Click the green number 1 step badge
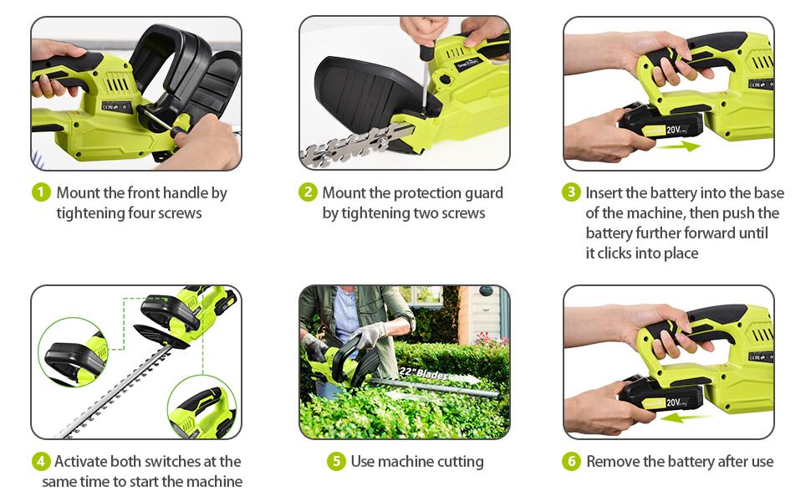point(41,192)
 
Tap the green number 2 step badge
point(308,192)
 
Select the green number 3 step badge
point(571,192)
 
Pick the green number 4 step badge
point(41,461)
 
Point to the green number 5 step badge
point(336,461)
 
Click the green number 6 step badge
point(571,461)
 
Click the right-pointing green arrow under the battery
point(679,146)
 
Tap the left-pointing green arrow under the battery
point(681,417)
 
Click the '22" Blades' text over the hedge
point(423,373)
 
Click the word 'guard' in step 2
point(483,193)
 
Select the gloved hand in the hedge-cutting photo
point(370,335)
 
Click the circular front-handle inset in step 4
point(73,352)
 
